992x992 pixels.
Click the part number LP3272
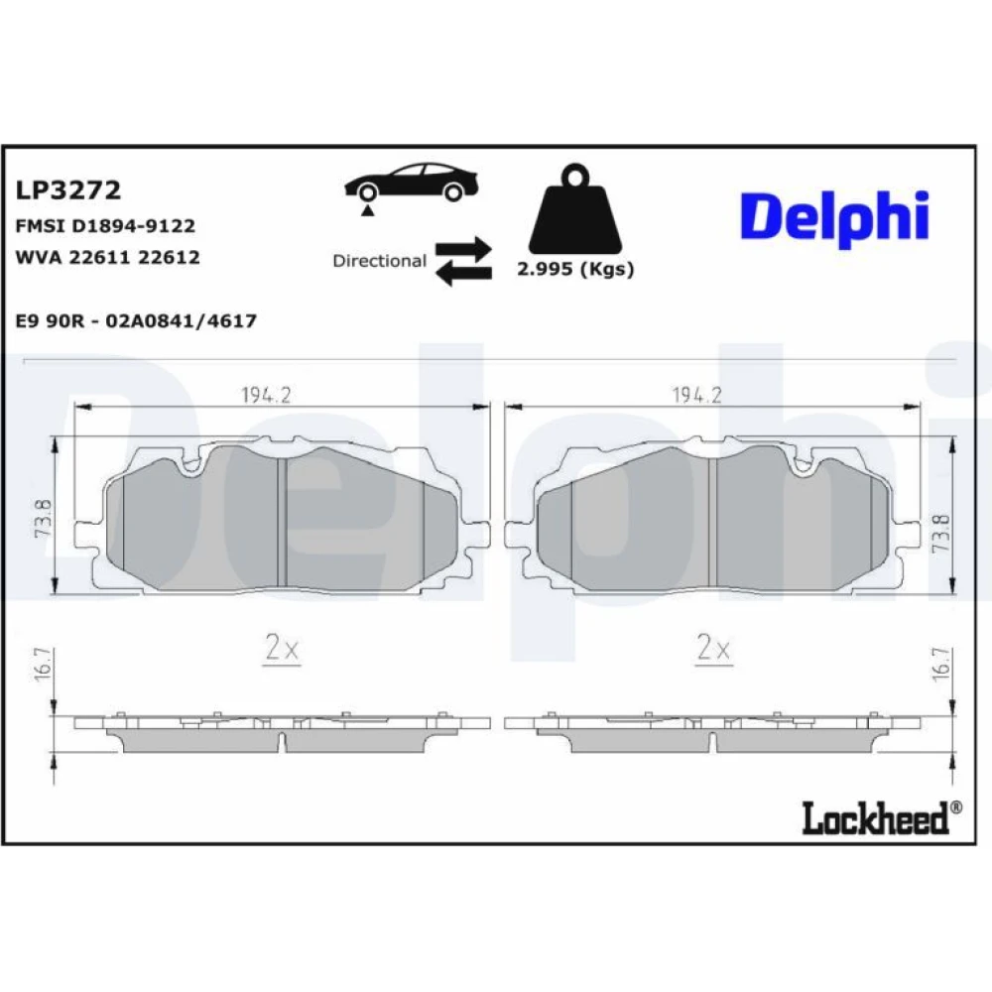pyautogui.click(x=67, y=189)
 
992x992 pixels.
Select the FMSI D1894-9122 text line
pyautogui.click(x=105, y=226)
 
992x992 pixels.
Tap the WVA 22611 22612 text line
pyautogui.click(x=107, y=257)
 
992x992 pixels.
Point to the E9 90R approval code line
pyautogui.click(x=136, y=320)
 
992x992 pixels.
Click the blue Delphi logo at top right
pyautogui.click(x=834, y=218)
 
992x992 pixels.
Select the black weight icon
pyautogui.click(x=575, y=208)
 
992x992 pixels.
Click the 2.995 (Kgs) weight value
pyautogui.click(x=575, y=269)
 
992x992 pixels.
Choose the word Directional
pyautogui.click(x=380, y=261)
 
